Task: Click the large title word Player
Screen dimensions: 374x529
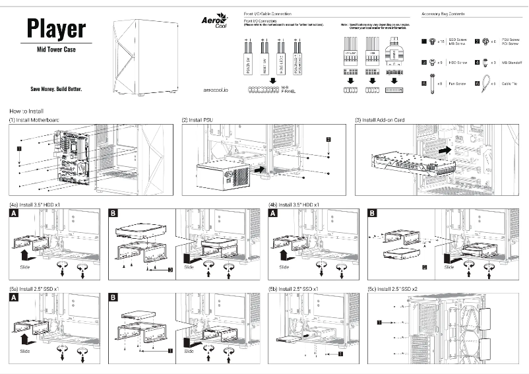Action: (x=56, y=28)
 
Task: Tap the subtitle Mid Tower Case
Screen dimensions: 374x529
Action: (x=56, y=49)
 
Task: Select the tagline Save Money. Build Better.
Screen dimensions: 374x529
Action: (x=56, y=89)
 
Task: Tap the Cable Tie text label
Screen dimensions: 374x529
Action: (x=510, y=84)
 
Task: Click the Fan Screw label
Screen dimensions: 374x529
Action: (x=457, y=84)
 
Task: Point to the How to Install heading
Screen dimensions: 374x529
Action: (x=27, y=111)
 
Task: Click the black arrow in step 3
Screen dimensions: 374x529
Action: (x=446, y=150)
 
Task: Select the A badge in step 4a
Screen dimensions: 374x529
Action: (x=14, y=214)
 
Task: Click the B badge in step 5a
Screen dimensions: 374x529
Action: (x=113, y=298)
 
